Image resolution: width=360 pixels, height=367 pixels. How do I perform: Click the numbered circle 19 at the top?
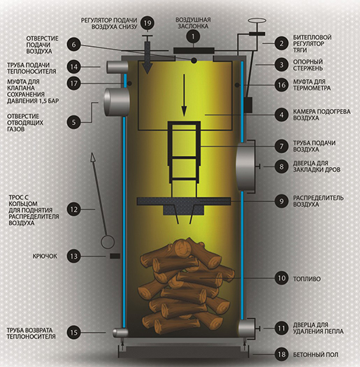(147, 23)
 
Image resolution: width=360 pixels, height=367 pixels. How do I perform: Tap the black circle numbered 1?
(193, 36)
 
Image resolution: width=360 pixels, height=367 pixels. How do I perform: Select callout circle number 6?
(73, 45)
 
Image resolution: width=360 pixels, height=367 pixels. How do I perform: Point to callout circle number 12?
(73, 209)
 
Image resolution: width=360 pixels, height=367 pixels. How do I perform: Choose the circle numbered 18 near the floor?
(281, 354)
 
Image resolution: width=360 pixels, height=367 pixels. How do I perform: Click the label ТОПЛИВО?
(307, 279)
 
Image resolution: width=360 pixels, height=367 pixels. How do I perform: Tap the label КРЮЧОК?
(45, 257)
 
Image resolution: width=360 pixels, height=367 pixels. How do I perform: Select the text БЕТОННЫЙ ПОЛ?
(315, 354)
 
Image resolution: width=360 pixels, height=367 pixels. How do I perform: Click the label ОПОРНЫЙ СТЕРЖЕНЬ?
(308, 65)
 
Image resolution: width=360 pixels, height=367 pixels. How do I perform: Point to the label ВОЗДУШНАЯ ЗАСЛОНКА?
(193, 22)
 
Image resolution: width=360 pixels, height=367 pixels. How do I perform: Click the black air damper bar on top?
(194, 50)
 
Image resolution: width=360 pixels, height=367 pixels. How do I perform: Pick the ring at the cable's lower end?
(108, 242)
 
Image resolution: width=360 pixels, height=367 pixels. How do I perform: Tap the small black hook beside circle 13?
(115, 256)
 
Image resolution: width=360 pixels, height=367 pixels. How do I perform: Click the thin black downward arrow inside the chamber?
(185, 95)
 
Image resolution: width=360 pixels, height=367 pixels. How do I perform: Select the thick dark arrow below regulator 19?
(147, 58)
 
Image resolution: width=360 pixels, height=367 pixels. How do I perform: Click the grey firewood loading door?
(246, 166)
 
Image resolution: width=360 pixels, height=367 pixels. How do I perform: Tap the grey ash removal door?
(247, 328)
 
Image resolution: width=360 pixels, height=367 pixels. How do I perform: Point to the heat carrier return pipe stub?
(120, 333)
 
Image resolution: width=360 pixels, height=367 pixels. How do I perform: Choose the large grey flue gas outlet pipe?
(117, 102)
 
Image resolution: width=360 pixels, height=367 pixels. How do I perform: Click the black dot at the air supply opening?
(194, 61)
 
